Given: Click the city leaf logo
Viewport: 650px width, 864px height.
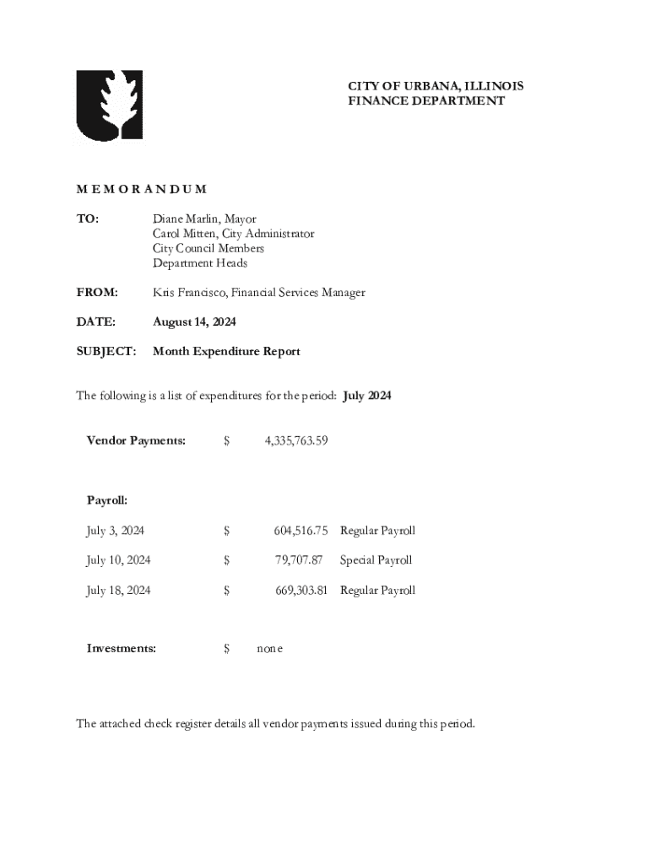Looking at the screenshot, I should pos(110,105).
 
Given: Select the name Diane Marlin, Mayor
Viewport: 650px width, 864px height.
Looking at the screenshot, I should pos(204,219).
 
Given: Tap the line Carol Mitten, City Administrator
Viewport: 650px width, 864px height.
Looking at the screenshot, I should pos(233,234).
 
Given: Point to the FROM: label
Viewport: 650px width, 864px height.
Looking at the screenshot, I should pos(97,293).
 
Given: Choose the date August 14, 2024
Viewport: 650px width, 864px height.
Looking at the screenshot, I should pos(194,321).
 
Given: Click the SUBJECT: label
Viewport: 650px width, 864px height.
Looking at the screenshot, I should pos(106,351).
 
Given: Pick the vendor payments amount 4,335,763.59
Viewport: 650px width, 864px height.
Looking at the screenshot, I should pos(295,440).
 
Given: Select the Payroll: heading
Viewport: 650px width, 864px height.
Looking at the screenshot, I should pos(107,500).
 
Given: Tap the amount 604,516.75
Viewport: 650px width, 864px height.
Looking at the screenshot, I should pos(300,531).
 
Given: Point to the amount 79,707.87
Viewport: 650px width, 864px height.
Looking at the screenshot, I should pos(299,560).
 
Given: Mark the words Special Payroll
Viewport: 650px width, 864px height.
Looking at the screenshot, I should pos(376,560).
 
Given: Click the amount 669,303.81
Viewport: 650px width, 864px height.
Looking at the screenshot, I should pos(300,591).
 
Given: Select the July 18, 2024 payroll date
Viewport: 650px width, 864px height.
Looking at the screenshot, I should pos(118,591).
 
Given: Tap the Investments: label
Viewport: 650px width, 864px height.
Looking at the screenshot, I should pos(122,648).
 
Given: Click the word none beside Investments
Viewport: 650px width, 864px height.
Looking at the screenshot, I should pos(270,649).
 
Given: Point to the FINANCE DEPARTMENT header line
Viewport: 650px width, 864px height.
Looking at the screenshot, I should pos(426,101).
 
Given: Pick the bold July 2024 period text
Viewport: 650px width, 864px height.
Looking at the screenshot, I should pos(368,396).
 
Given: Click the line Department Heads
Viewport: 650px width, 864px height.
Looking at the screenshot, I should pos(200,263).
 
